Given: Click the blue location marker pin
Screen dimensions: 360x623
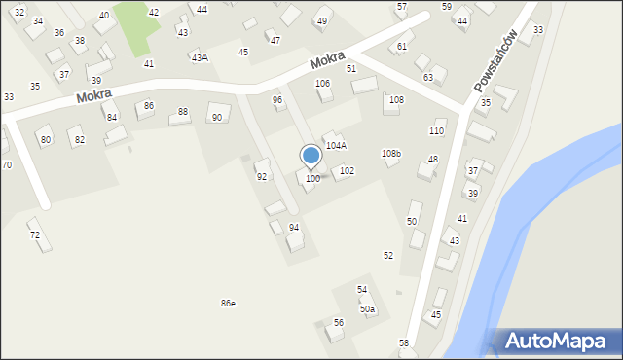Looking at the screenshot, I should pyautogui.click(x=311, y=156).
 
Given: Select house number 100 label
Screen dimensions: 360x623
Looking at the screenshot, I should pyautogui.click(x=312, y=179).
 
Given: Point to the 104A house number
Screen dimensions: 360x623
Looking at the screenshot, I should pyautogui.click(x=336, y=145).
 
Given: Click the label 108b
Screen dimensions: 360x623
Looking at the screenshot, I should pyautogui.click(x=390, y=154).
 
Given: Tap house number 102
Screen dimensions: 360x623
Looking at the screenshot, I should pyautogui.click(x=347, y=171).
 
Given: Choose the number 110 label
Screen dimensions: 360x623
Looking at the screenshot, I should pyautogui.click(x=437, y=131).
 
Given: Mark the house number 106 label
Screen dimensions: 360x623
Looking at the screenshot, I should pyautogui.click(x=322, y=84).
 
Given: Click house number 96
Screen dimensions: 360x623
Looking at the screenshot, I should pyautogui.click(x=277, y=99).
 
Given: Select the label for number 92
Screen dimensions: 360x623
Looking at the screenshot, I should pyautogui.click(x=262, y=177).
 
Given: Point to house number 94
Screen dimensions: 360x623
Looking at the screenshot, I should pyautogui.click(x=294, y=227).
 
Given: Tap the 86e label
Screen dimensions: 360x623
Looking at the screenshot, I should pyautogui.click(x=228, y=304).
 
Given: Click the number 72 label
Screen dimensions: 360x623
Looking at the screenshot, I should pyautogui.click(x=35, y=235).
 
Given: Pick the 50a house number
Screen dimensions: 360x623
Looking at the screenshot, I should pyautogui.click(x=367, y=309).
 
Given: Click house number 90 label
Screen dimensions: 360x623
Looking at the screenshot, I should pyautogui.click(x=217, y=118).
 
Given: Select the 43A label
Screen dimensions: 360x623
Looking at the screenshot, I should pyautogui.click(x=200, y=58).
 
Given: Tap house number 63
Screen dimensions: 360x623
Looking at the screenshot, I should pyautogui.click(x=427, y=77).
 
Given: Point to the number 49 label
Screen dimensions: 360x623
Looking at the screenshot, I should pyautogui.click(x=322, y=21).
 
